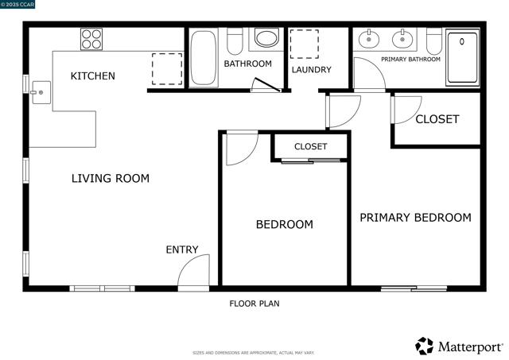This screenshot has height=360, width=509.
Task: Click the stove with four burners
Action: [x=91, y=39]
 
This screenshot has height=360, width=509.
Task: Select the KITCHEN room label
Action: [x=93, y=76]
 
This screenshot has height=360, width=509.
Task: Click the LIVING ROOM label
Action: [x=111, y=179]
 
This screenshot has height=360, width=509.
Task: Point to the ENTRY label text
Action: [x=181, y=250]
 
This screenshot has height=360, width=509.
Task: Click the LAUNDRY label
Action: [x=311, y=70]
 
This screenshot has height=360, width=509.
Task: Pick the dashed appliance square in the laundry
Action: [x=303, y=45]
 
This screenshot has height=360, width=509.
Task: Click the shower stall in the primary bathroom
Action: [x=462, y=57]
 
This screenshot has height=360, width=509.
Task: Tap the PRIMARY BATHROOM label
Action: [x=410, y=60]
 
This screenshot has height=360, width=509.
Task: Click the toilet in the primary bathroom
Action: [x=433, y=39]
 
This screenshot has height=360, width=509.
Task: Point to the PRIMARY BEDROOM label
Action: [x=415, y=218]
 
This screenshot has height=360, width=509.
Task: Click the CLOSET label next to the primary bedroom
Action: [x=437, y=119]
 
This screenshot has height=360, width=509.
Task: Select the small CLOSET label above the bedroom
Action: [x=310, y=147]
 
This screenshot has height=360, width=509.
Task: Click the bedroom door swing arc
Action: [x=241, y=148]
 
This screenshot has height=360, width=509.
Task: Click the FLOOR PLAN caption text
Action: [x=254, y=304]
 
